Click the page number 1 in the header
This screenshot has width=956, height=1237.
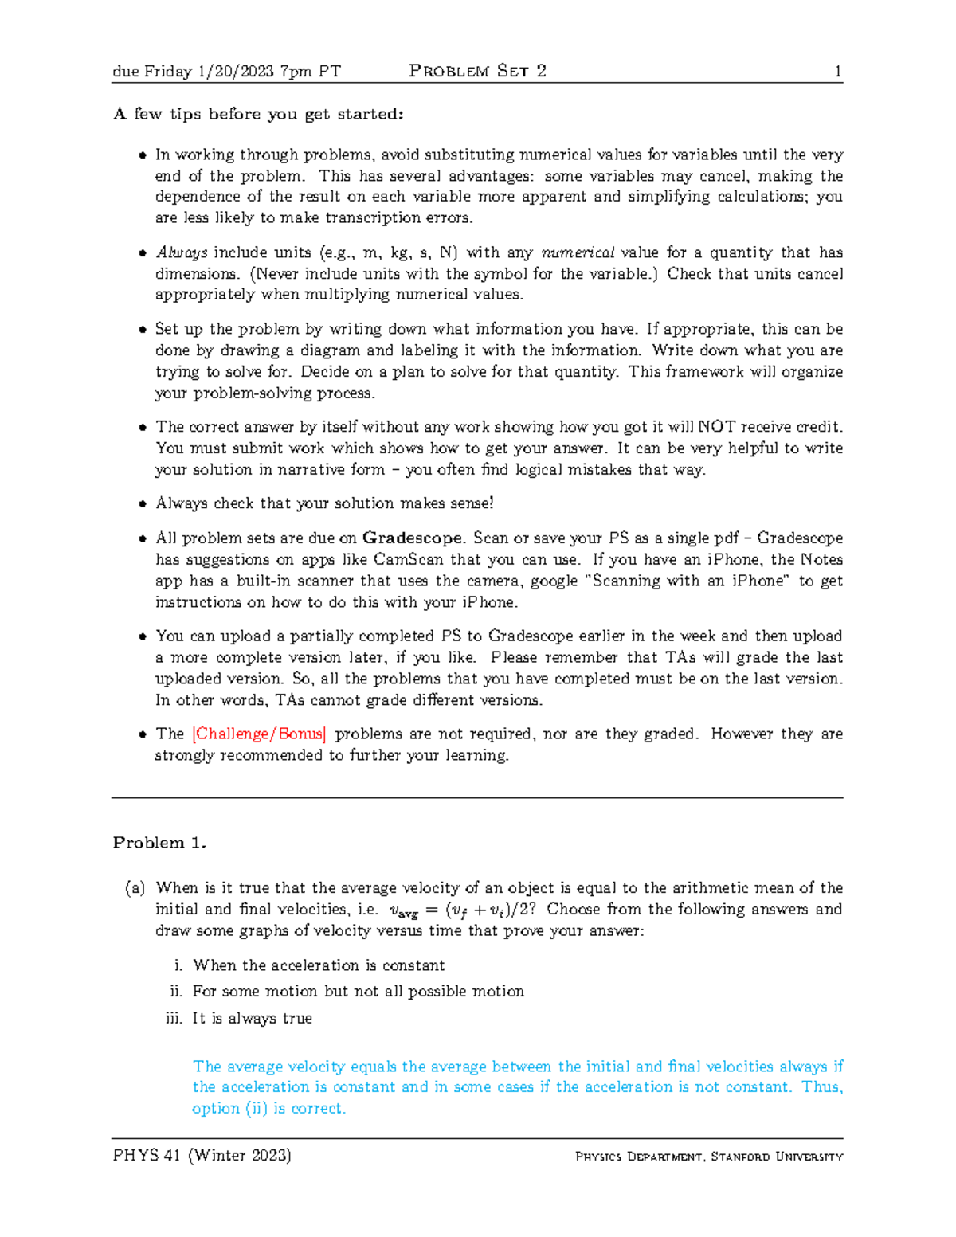click(838, 72)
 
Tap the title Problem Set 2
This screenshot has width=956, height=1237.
click(477, 71)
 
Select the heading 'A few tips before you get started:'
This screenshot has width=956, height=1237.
click(258, 114)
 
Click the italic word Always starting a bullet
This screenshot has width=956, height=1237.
click(182, 252)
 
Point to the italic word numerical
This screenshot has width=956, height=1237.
click(578, 252)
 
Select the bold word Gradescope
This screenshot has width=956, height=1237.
click(412, 538)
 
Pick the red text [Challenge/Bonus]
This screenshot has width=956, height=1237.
click(259, 734)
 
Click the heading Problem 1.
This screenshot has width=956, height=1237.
click(159, 843)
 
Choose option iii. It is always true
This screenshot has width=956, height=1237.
click(252, 1019)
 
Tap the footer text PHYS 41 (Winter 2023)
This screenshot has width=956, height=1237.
click(202, 1155)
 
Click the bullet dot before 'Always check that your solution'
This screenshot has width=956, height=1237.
click(143, 504)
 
